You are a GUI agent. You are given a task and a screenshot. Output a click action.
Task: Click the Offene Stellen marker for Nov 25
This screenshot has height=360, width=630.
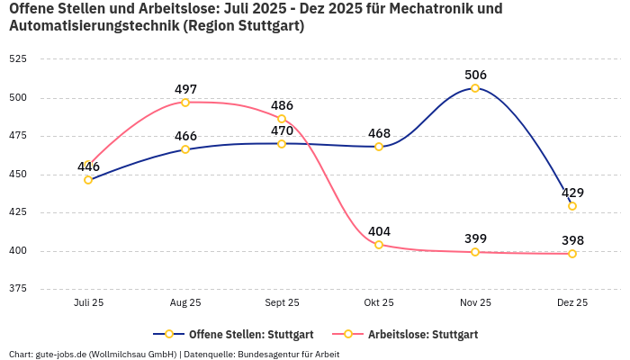[x=475, y=88]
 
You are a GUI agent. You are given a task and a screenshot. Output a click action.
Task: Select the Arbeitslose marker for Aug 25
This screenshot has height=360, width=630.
[x=185, y=103]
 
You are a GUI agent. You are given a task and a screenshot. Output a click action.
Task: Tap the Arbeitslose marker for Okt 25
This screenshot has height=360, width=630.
[x=379, y=245]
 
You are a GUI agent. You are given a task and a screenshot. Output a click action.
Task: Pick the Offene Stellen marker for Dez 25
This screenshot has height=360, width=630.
[x=572, y=206]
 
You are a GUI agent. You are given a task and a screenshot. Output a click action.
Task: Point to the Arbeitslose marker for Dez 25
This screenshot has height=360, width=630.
[x=572, y=254]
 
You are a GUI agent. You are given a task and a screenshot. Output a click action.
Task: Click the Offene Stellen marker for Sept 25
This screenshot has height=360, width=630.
[x=282, y=144]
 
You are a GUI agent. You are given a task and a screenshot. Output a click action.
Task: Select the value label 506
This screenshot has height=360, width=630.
[x=475, y=75]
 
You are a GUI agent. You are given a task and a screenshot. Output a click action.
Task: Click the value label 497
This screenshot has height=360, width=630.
[x=185, y=89]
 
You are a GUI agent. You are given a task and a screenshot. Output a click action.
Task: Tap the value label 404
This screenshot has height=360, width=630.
[x=379, y=231]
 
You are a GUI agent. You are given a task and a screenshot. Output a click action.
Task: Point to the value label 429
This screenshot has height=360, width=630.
[x=572, y=193]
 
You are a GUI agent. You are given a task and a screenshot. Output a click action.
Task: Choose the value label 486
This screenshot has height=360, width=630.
[x=282, y=105]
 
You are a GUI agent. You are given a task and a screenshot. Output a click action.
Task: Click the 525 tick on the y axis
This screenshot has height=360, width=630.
[x=18, y=59]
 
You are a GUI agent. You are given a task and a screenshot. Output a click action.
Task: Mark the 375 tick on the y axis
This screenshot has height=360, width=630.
[x=18, y=289]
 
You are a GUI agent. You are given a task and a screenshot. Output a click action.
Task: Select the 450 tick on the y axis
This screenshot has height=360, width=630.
[x=18, y=175]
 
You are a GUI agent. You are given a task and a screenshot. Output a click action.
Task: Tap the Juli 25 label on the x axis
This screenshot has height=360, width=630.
[x=88, y=303]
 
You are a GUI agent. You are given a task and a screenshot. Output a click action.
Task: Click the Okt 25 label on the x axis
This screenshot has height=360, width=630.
[x=379, y=303]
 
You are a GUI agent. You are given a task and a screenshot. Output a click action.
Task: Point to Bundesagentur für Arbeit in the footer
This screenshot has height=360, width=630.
[x=287, y=354]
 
